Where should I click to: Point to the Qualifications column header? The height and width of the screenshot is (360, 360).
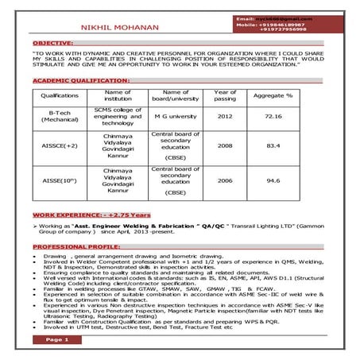pyautogui.click(x=60, y=95)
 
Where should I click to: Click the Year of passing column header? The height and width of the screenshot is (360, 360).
pyautogui.click(x=225, y=95)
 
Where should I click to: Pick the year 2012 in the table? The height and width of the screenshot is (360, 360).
pyautogui.click(x=225, y=116)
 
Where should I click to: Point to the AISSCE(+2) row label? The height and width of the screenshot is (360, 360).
pyautogui.click(x=60, y=146)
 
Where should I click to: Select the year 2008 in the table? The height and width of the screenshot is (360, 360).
pyautogui.click(x=225, y=146)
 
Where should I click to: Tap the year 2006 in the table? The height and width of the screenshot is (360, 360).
pyautogui.click(x=225, y=180)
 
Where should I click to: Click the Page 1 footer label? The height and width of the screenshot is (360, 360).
pyautogui.click(x=56, y=339)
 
